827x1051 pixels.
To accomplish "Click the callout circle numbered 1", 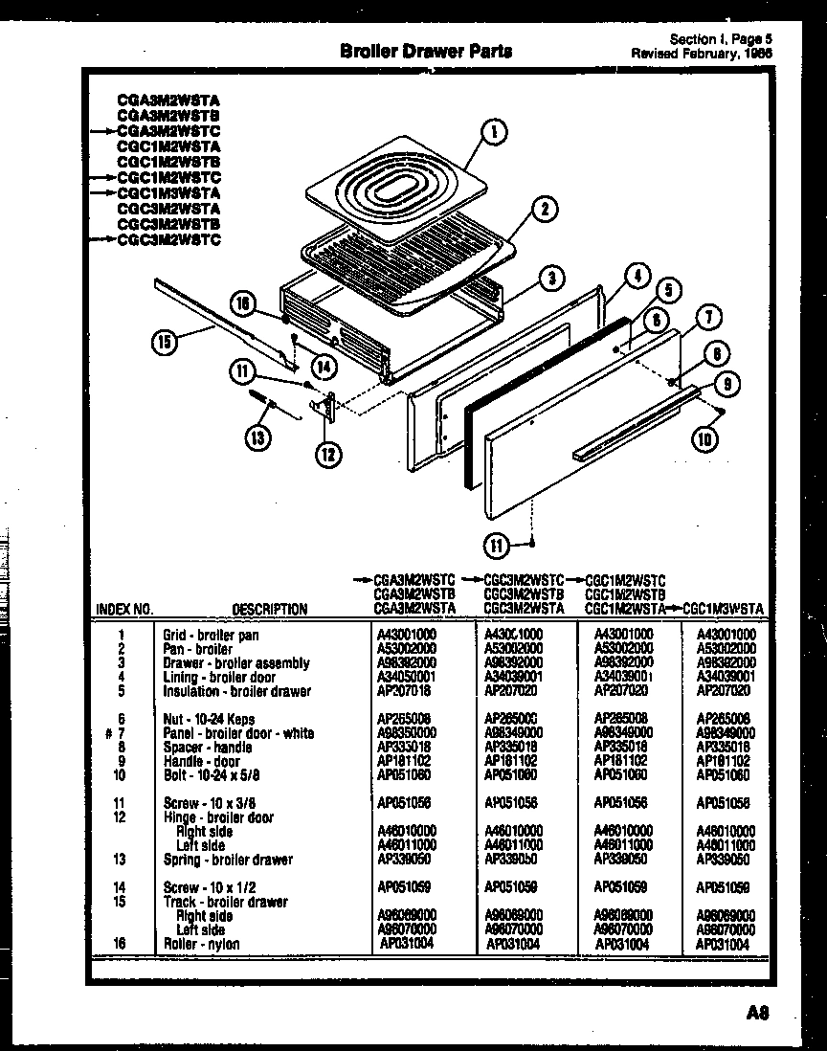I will click(x=493, y=133).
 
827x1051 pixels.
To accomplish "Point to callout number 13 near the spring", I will click(x=257, y=438).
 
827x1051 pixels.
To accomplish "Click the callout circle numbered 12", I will click(x=327, y=454).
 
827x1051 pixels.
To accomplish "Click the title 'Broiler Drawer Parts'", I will click(x=426, y=51).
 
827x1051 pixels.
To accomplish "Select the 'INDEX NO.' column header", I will click(x=124, y=609).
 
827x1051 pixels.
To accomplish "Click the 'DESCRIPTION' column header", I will click(x=269, y=609).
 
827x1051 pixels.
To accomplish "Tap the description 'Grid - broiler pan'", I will click(x=211, y=635).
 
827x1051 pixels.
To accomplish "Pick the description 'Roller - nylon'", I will click(x=201, y=944).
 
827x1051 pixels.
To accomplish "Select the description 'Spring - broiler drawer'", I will click(x=228, y=860).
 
